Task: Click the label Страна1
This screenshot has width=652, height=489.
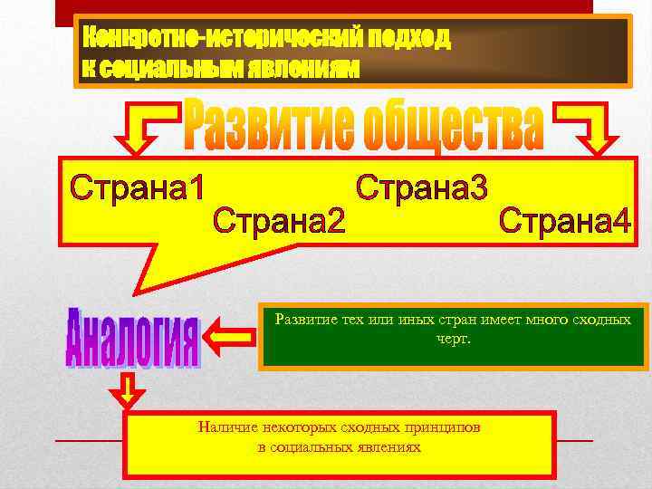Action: (x=138, y=188)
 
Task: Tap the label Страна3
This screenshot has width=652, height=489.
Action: (x=422, y=188)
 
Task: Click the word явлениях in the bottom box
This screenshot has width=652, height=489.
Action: (x=385, y=446)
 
